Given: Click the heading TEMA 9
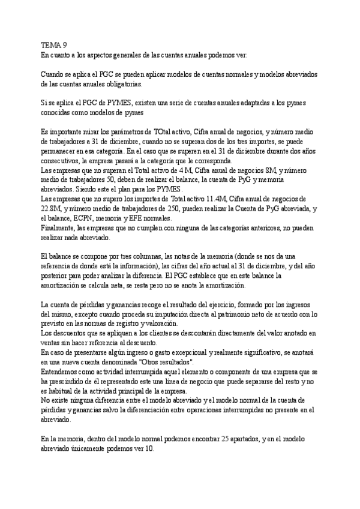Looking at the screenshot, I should (53, 44).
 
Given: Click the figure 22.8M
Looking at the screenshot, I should (51, 209).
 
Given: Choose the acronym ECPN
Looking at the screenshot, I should (89, 218).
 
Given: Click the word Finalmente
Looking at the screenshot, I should (59, 228).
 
